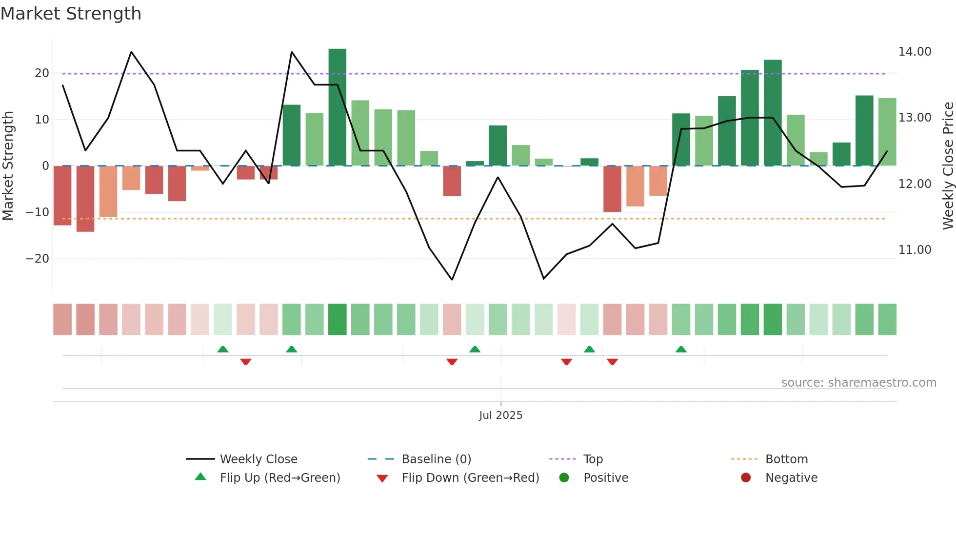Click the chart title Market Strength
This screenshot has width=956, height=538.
tap(71, 14)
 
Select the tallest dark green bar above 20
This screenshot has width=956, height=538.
tap(337, 107)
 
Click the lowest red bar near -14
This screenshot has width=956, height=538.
tap(85, 199)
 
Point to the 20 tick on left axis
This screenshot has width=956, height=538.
tap(42, 73)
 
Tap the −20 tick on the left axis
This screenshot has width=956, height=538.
tap(38, 259)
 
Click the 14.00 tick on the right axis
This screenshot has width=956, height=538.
tap(915, 52)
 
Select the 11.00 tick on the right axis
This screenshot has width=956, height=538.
tap(915, 250)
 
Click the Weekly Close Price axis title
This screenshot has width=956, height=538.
tap(948, 166)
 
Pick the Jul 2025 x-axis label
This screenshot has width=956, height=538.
tap(500, 415)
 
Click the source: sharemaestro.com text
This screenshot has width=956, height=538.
tap(858, 383)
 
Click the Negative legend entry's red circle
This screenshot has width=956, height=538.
tap(746, 477)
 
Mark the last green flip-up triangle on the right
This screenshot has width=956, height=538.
tap(681, 350)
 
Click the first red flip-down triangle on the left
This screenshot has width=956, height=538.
tap(246, 362)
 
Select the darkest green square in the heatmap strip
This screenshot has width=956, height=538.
tap(337, 319)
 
